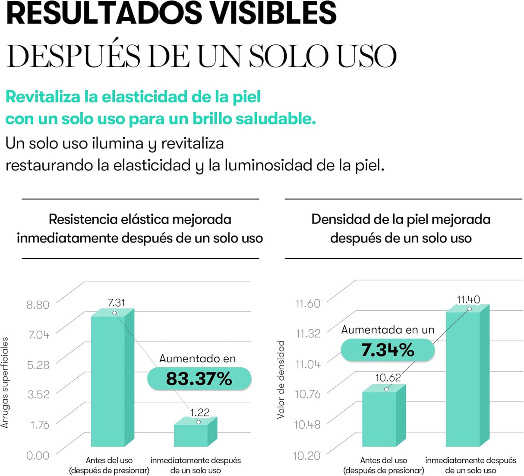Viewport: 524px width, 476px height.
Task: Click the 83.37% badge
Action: tap(199, 379)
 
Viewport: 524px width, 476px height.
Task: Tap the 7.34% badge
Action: tap(388, 350)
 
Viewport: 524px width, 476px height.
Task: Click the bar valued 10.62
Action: tap(379, 419)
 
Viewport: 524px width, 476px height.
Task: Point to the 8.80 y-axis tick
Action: tap(38, 305)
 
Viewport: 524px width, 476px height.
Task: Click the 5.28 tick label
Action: tap(38, 365)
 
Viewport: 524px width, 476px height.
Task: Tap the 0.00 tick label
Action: tap(38, 455)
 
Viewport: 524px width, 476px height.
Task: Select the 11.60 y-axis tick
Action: tap(308, 303)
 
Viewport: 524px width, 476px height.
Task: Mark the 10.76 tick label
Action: tap(307, 394)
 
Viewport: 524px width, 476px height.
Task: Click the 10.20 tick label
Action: tap(306, 455)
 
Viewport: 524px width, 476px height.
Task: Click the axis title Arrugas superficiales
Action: tap(5, 382)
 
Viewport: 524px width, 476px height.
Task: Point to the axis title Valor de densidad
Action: tap(281, 379)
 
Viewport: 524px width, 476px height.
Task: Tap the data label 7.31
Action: tap(116, 303)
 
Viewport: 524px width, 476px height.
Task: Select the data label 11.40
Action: tap(468, 299)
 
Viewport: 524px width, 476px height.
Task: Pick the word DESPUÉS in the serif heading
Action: tap(73, 56)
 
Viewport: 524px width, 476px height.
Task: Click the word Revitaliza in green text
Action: tap(43, 97)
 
